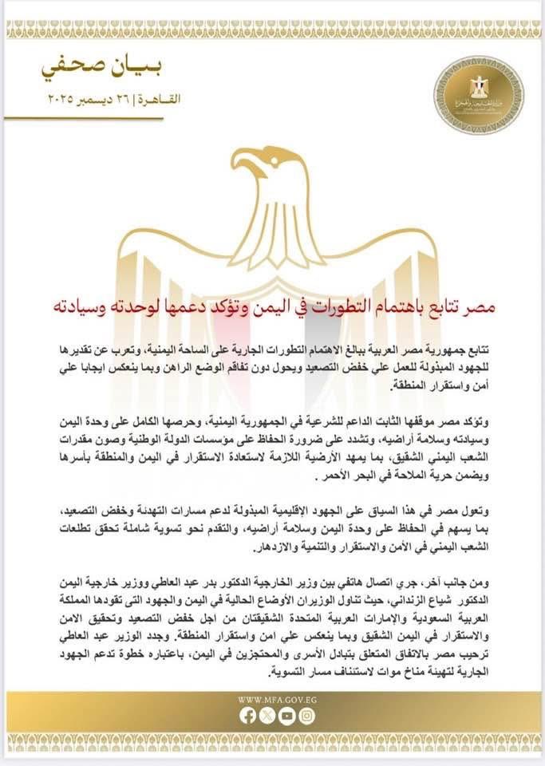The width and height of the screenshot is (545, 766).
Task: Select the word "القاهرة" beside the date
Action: [x=159, y=100]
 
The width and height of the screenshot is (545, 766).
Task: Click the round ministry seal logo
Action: [x=478, y=94]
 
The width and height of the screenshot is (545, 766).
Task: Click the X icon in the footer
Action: [x=267, y=716]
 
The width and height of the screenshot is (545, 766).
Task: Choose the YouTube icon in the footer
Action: [x=286, y=716]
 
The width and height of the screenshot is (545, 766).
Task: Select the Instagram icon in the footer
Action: [x=306, y=716]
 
